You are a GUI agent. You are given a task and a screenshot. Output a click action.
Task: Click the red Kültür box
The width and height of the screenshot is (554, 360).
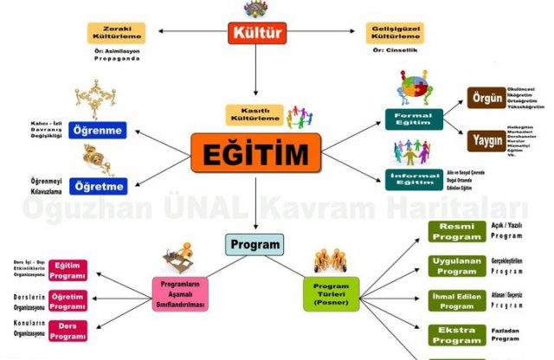(257, 34)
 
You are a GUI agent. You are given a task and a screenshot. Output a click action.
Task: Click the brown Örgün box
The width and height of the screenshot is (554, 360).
(486, 98)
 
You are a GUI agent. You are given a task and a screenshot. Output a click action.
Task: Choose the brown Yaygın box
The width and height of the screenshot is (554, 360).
(486, 139)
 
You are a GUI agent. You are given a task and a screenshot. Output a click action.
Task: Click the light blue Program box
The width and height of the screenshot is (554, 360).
(254, 244)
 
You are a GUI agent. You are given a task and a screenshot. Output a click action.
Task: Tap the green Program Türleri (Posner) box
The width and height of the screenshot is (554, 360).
(332, 293)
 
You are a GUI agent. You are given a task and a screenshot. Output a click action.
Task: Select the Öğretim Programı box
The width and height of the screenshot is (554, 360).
(68, 301)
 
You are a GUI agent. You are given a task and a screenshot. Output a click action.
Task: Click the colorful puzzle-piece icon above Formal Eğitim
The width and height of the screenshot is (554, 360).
(418, 87)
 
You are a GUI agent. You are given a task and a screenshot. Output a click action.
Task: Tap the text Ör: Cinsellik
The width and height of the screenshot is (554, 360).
(395, 51)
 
